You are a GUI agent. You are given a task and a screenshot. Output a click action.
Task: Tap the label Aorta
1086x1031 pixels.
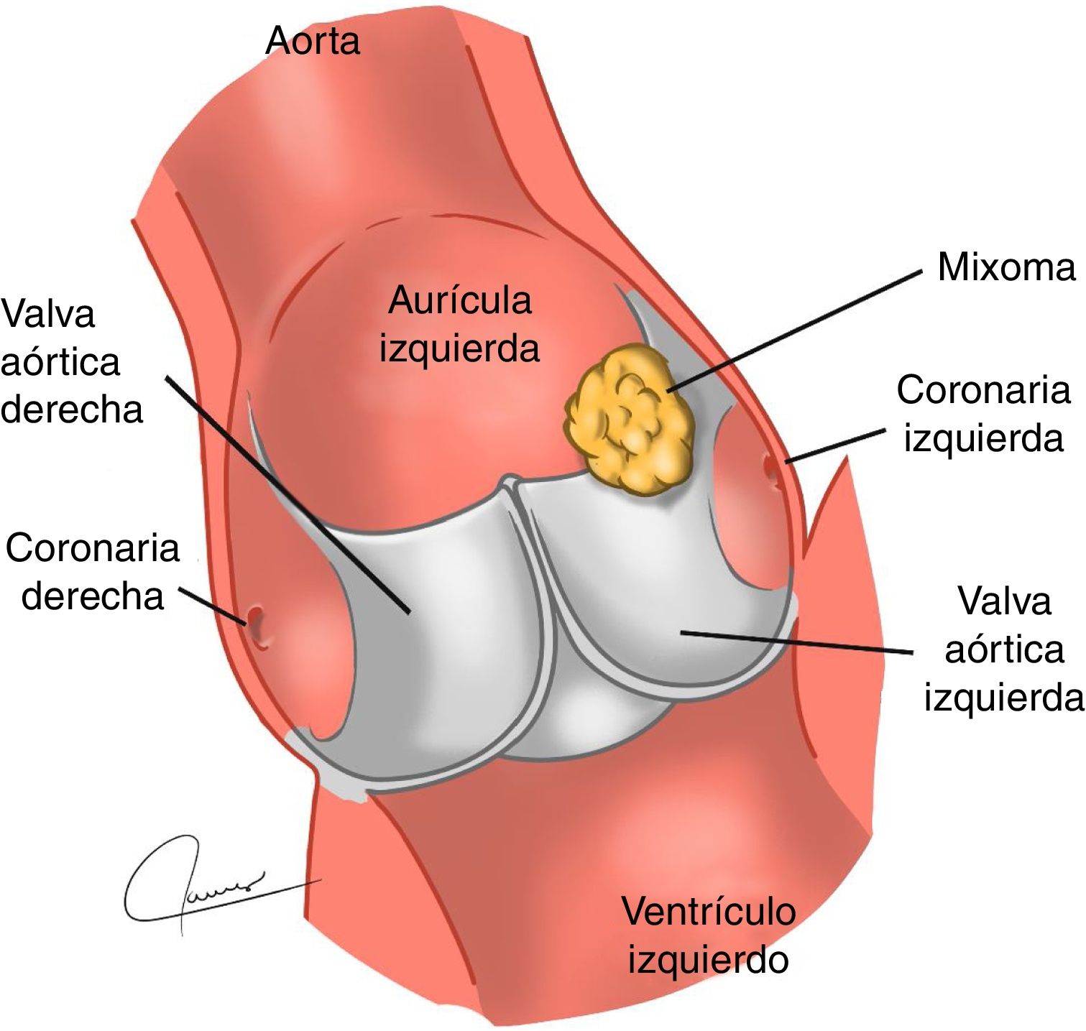tap(313, 41)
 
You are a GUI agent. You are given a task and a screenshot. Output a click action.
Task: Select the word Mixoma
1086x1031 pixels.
tap(1006, 267)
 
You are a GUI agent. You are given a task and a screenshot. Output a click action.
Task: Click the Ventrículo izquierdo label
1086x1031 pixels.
tap(709, 935)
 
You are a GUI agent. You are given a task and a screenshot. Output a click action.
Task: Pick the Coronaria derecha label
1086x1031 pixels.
tap(93, 572)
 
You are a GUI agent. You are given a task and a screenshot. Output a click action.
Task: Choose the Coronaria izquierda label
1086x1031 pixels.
tap(983, 414)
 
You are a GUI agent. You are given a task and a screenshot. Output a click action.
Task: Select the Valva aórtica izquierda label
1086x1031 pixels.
tap(1004, 649)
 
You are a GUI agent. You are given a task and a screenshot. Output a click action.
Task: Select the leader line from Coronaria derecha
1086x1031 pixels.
tap(212, 605)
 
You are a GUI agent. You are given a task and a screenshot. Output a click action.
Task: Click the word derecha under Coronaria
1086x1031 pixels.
tap(93, 596)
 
